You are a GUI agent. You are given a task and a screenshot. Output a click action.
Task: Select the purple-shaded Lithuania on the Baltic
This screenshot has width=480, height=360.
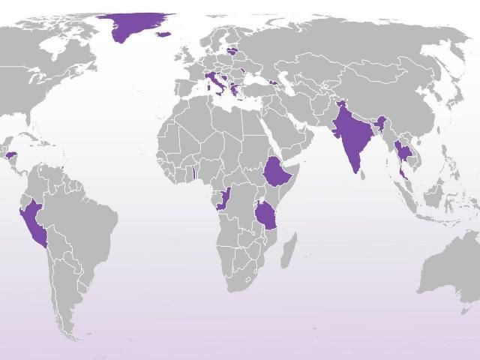(x=233, y=52)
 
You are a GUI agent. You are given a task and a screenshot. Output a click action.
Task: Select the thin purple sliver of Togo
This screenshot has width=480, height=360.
(x=194, y=173)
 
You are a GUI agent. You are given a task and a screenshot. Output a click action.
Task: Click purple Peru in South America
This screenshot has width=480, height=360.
(x=34, y=222)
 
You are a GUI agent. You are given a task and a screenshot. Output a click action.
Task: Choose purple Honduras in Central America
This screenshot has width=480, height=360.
(x=11, y=156)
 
